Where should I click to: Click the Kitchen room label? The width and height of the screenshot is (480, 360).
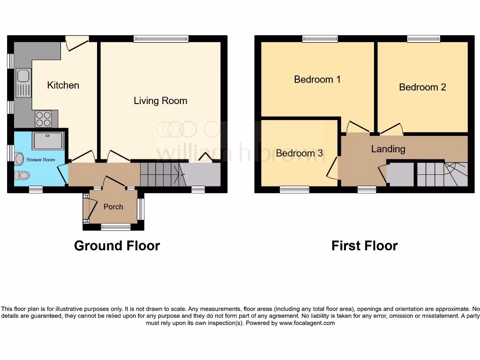tap(63, 85)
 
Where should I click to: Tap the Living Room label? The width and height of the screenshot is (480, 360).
tap(160, 101)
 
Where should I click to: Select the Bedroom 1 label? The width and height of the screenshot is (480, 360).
tap(317, 79)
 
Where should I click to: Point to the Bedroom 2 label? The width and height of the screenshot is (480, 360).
tap(422, 87)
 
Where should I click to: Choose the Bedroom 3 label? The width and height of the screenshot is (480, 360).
tap(299, 153)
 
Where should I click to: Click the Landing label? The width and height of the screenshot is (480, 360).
tap(388, 149)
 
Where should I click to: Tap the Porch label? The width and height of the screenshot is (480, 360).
tap(113, 207)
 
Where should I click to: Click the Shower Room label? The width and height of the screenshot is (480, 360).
tap(40, 160)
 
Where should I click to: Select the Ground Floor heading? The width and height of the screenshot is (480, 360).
tap(117, 246)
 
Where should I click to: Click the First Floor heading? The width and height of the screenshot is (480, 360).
tap(364, 246)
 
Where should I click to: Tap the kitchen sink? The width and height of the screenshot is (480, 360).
tap(23, 82)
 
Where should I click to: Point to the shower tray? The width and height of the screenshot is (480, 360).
tap(47, 140)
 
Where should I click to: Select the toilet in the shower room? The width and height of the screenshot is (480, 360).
tap(22, 175)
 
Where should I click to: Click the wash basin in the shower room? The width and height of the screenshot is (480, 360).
tap(19, 159)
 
